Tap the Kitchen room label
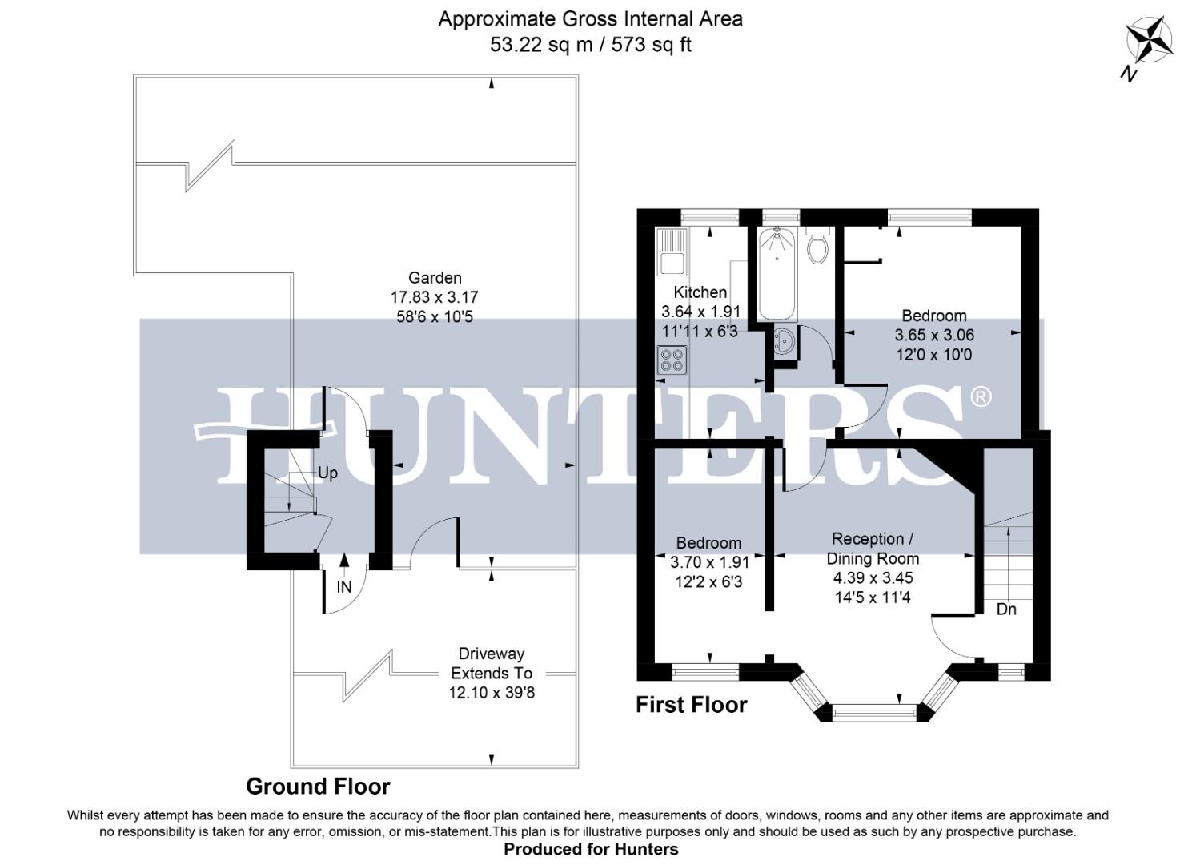click(x=700, y=292)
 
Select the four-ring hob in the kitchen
click(x=672, y=360)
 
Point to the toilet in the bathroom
click(x=817, y=247)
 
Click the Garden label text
click(x=435, y=278)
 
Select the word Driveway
click(x=491, y=654)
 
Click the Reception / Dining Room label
click(x=873, y=549)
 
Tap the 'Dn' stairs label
click(x=1006, y=610)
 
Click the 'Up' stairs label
click(x=327, y=473)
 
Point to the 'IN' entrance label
click(x=343, y=587)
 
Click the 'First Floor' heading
click(x=691, y=705)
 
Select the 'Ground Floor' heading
click(x=318, y=787)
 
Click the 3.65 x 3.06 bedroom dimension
click(x=933, y=335)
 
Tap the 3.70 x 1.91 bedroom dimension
click(x=709, y=562)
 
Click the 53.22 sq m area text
click(x=541, y=45)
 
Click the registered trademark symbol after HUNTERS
click(x=980, y=396)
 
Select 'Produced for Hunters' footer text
click(x=591, y=849)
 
